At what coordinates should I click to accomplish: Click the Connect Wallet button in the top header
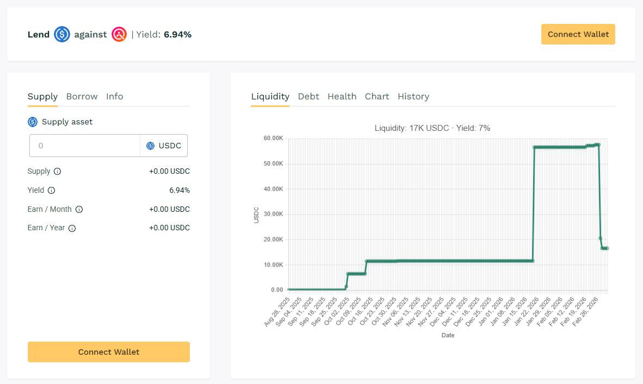578,34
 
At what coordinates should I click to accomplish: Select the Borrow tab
82,97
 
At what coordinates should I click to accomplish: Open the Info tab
114,97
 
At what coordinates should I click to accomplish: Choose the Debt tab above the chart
308,97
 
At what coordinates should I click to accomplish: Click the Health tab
342,97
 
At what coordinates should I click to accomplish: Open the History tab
413,97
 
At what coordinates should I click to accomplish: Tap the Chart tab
377,97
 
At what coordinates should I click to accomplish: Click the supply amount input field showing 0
85,146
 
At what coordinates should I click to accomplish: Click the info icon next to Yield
51,191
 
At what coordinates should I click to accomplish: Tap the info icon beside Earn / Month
79,210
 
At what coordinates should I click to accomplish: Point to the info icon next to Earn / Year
72,228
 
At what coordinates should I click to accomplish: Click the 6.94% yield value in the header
177,35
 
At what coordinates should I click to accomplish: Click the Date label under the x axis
448,336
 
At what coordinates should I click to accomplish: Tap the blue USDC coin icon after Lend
62,35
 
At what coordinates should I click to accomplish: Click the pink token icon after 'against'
119,35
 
